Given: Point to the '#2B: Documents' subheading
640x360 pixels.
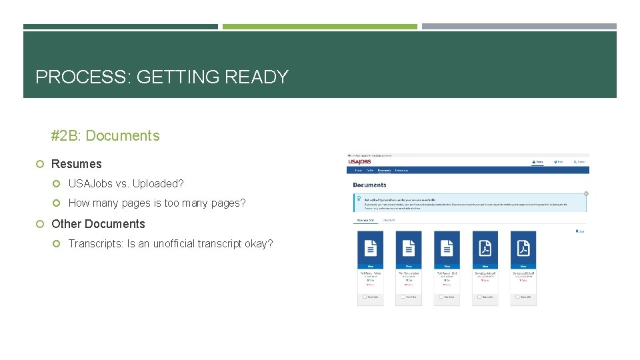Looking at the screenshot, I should coord(105,136).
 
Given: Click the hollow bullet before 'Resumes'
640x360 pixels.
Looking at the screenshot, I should coord(40,164).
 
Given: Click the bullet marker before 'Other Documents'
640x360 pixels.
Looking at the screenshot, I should coord(40,224).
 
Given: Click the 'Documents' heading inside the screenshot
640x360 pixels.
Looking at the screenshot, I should coord(370,185).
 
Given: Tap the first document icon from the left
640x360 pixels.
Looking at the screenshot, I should coord(371,248).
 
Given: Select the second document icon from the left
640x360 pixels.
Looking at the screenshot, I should coord(409,248).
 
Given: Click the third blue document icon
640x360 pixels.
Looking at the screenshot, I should coord(447,248).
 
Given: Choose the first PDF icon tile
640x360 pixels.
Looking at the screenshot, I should coord(485,248).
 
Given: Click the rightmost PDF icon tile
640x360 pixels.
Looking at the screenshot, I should coord(523,248).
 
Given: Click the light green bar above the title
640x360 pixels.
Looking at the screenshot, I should coord(319,27).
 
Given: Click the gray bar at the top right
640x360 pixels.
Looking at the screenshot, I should coord(519,27).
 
